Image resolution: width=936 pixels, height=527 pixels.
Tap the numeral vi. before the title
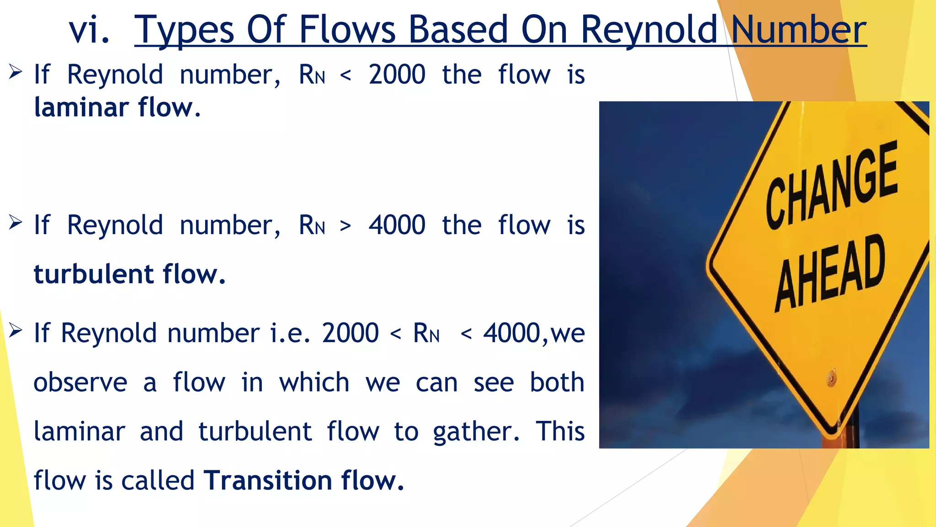click(90, 30)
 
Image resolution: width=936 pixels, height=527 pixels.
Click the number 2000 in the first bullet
click(397, 75)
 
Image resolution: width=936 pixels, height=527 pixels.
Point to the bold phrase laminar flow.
click(117, 108)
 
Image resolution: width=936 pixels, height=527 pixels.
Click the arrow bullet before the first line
click(15, 72)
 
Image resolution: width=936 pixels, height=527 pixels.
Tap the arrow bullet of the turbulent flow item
click(15, 223)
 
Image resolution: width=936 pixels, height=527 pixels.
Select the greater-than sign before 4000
click(346, 226)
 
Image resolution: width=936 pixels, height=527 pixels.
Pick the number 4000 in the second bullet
click(397, 225)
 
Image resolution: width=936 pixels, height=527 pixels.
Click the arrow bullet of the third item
click(15, 330)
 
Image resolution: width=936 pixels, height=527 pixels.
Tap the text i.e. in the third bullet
click(290, 333)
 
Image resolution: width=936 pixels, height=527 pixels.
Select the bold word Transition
click(268, 480)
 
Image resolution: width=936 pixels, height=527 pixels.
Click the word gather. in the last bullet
click(476, 432)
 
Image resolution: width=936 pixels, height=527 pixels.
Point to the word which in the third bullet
click(314, 382)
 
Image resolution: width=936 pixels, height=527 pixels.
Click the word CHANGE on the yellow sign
click(831, 185)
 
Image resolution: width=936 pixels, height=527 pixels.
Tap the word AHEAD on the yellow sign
click(830, 272)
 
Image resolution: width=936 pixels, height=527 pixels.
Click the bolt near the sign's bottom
click(832, 378)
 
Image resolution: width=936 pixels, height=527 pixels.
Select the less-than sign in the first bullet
click(346, 75)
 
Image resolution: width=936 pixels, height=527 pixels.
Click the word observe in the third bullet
click(80, 382)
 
